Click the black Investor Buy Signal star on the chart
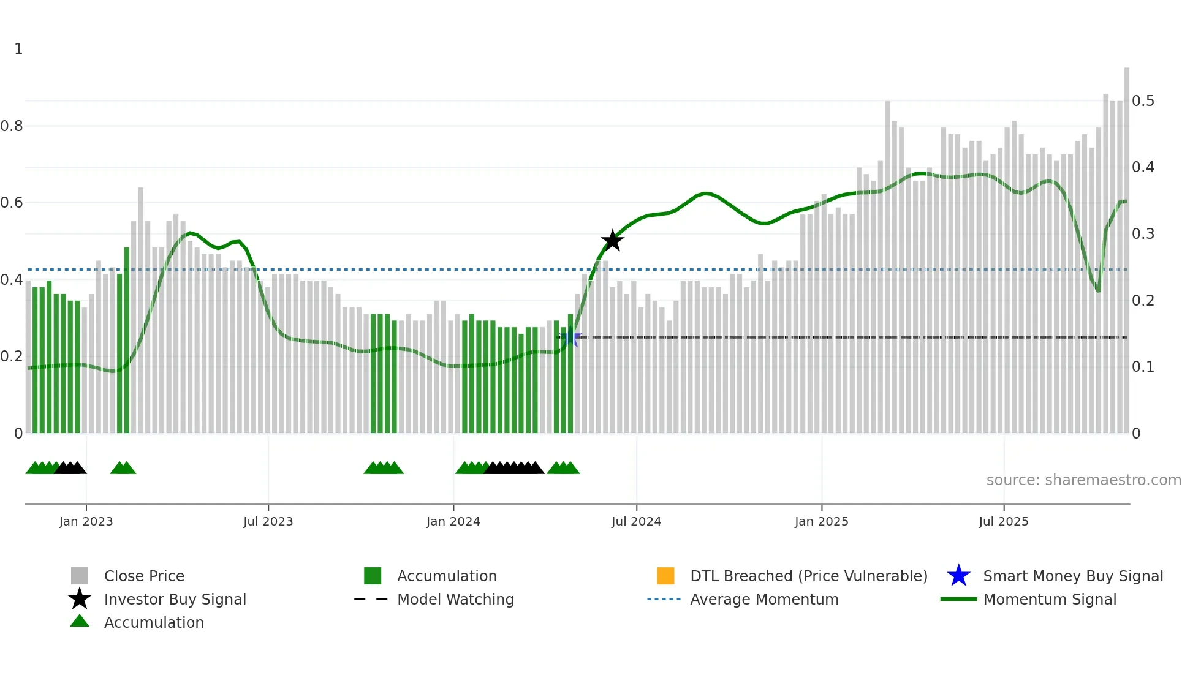coord(612,241)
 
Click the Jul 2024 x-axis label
coord(636,521)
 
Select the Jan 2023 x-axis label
coord(86,521)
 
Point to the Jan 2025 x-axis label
coord(821,521)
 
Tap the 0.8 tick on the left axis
coord(12,126)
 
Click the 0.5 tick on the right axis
coord(1143,100)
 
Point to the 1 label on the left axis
coord(18,49)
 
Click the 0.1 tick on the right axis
coord(1143,367)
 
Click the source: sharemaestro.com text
coord(1083,480)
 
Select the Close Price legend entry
coord(143,576)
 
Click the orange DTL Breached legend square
coord(665,576)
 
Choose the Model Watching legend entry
coord(455,599)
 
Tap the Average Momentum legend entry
coord(763,599)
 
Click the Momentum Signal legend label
coord(1049,599)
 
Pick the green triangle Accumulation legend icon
coord(80,621)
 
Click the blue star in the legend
coord(958,576)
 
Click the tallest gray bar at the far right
coord(1126,245)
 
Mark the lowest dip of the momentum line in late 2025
coord(1098,291)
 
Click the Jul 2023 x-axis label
coord(268,521)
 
